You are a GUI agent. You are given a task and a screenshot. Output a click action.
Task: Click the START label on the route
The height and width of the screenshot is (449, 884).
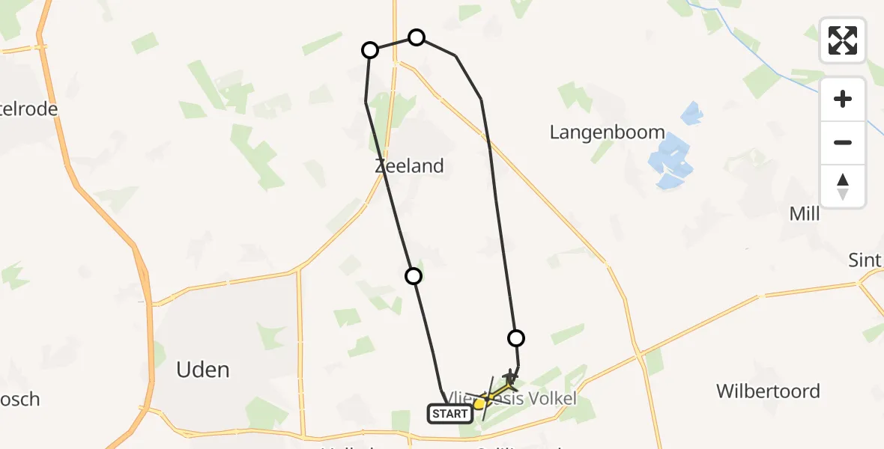pyautogui.click(x=450, y=413)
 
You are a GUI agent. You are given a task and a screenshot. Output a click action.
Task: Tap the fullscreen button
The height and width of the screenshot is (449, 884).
pyautogui.click(x=843, y=40)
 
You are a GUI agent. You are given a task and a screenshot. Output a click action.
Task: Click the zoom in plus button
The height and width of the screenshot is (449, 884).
pyautogui.click(x=843, y=99)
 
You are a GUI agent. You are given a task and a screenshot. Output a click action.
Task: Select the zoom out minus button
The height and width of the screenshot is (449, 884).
pyautogui.click(x=843, y=142)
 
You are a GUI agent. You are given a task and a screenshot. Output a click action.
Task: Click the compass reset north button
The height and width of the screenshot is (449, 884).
pyautogui.click(x=843, y=186)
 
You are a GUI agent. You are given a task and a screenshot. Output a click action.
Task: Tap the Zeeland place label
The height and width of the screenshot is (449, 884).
pyautogui.click(x=409, y=166)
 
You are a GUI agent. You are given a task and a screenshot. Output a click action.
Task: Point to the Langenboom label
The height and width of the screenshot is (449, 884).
pyautogui.click(x=607, y=132)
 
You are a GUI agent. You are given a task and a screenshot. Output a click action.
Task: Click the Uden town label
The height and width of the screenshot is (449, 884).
pyautogui.click(x=202, y=370)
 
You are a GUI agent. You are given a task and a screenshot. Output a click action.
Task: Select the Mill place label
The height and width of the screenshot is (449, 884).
pyautogui.click(x=805, y=214)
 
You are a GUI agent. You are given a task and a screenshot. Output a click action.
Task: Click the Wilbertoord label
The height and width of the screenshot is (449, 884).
pyautogui.click(x=768, y=391)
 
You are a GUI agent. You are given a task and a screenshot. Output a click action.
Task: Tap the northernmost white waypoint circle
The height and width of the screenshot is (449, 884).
pyautogui.click(x=417, y=37)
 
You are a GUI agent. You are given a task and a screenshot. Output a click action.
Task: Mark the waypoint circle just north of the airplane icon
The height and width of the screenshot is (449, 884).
pyautogui.click(x=515, y=338)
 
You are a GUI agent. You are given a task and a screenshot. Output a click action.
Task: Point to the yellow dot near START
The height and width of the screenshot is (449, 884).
pyautogui.click(x=479, y=404)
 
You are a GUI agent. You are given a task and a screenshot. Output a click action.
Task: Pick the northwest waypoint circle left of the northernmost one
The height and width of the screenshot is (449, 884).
pyautogui.click(x=370, y=50)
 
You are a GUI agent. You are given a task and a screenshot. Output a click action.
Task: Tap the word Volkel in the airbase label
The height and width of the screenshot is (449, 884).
pyautogui.click(x=551, y=399)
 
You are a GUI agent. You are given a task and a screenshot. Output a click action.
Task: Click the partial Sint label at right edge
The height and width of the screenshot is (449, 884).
pyautogui.click(x=865, y=260)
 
